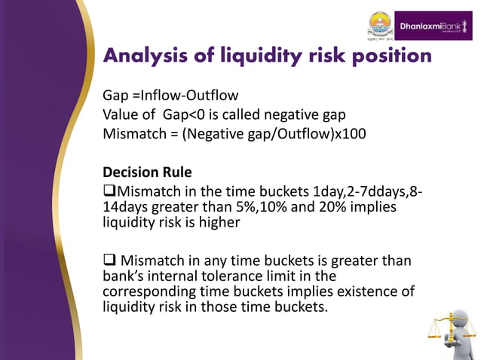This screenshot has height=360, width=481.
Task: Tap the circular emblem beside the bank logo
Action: pyautogui.click(x=380, y=25)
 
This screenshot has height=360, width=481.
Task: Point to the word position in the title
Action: pyautogui.click(x=388, y=56)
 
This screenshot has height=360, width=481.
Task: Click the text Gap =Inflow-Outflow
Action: pyautogui.click(x=170, y=96)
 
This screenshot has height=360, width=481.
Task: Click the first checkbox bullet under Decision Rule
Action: pyautogui.click(x=110, y=191)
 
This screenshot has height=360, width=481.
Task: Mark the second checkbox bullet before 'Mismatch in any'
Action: pyautogui.click(x=110, y=261)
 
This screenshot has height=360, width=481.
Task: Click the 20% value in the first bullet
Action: pyautogui.click(x=311, y=206)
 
